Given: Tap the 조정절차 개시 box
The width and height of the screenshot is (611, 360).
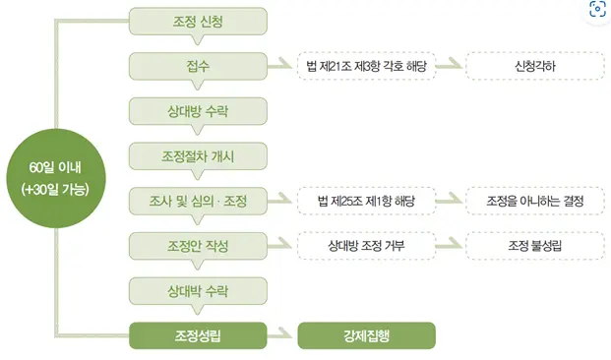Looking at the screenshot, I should pos(198,155).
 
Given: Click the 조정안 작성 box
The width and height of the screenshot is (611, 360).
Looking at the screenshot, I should pos(198,245).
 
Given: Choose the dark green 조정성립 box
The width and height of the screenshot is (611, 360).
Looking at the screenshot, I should pos(198,334).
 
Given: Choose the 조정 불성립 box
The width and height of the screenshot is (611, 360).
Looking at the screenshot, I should pos(532,245).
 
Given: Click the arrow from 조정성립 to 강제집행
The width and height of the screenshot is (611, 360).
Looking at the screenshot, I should pos(281,334).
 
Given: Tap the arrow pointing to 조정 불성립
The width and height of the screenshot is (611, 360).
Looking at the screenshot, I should pos(449,245).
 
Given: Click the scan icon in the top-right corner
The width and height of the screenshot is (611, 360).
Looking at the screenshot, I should pos(595,12).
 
